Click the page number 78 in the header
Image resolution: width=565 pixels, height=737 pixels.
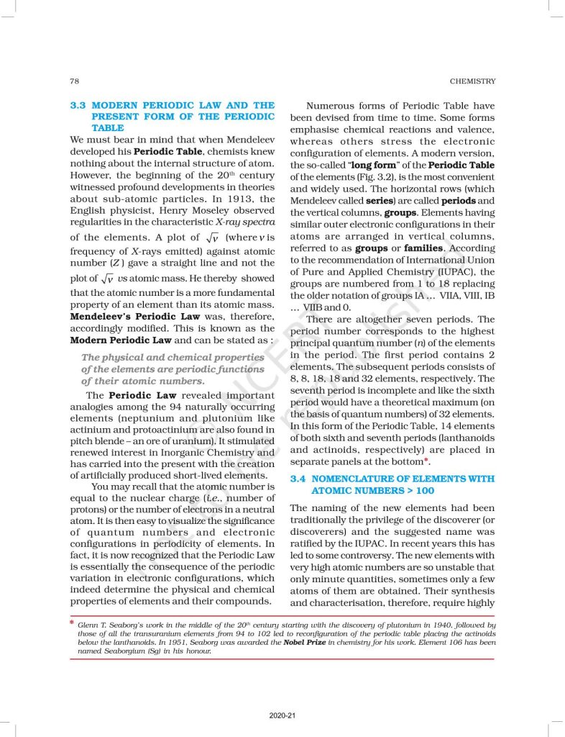tap(75, 81)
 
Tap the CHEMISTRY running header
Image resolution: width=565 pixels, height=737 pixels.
tap(472, 81)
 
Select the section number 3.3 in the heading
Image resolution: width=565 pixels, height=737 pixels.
tap(78, 105)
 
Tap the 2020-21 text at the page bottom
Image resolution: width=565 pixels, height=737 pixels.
tap(282, 715)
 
